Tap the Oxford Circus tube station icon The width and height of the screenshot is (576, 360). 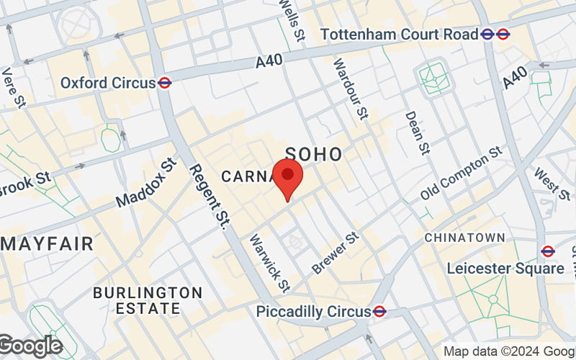click(165, 83)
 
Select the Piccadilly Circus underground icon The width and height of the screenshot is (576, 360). click(379, 312)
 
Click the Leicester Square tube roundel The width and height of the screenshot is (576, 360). click(548, 251)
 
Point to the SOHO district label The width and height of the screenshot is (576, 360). click(314, 153)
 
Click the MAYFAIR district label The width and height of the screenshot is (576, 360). click(47, 243)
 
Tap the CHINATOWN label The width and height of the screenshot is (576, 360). click(464, 237)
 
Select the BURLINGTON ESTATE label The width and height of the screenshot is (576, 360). click(148, 300)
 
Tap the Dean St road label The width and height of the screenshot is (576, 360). click(416, 132)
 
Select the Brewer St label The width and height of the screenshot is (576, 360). click(335, 253)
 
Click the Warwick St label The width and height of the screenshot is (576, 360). click(269, 263)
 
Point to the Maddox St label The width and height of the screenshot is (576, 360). click(145, 183)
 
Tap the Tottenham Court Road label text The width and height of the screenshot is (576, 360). click(399, 34)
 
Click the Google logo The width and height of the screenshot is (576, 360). click(30, 346)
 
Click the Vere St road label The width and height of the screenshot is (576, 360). click(14, 88)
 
